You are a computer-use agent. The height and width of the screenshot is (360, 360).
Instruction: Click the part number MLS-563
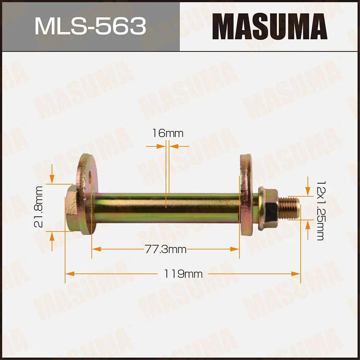click(90, 26)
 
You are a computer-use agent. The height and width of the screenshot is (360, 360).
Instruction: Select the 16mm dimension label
click(167, 134)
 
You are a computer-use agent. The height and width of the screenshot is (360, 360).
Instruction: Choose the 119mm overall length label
click(184, 274)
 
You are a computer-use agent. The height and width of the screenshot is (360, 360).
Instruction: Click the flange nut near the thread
click(268, 209)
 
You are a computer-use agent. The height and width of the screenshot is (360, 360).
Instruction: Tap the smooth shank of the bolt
click(166, 208)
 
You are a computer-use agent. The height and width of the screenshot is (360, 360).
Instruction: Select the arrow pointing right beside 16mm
click(161, 147)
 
